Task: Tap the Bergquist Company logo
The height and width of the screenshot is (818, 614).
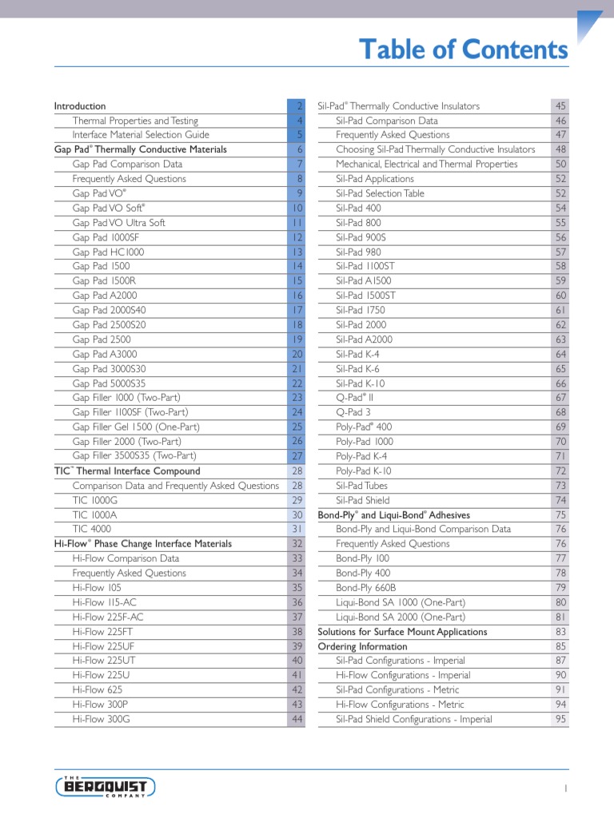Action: coord(106,787)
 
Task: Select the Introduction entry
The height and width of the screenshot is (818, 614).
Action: coord(80,106)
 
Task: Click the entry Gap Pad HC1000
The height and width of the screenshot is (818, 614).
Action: coord(108,252)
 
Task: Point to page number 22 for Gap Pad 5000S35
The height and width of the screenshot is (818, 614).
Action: coord(297,383)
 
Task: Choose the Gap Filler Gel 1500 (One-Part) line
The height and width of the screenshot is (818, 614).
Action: coord(136,427)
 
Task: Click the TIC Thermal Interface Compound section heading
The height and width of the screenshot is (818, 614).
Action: coord(127,471)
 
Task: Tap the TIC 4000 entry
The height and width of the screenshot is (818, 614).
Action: coord(92,529)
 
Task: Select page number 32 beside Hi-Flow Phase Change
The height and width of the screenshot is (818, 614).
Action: coord(297,544)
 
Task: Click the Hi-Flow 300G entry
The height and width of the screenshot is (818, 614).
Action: coord(101,719)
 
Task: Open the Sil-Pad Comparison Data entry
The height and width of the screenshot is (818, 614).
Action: coord(387,121)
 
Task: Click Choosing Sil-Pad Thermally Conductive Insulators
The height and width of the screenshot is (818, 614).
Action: coord(436,149)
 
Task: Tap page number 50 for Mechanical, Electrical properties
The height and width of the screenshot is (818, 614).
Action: coord(560,164)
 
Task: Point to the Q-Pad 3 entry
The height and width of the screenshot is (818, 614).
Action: coord(353,412)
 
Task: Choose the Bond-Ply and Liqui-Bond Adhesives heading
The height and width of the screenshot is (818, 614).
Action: coord(393,515)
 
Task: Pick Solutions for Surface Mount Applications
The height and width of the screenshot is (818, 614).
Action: coord(402,632)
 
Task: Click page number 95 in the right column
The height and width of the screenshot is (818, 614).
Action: coord(560,719)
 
